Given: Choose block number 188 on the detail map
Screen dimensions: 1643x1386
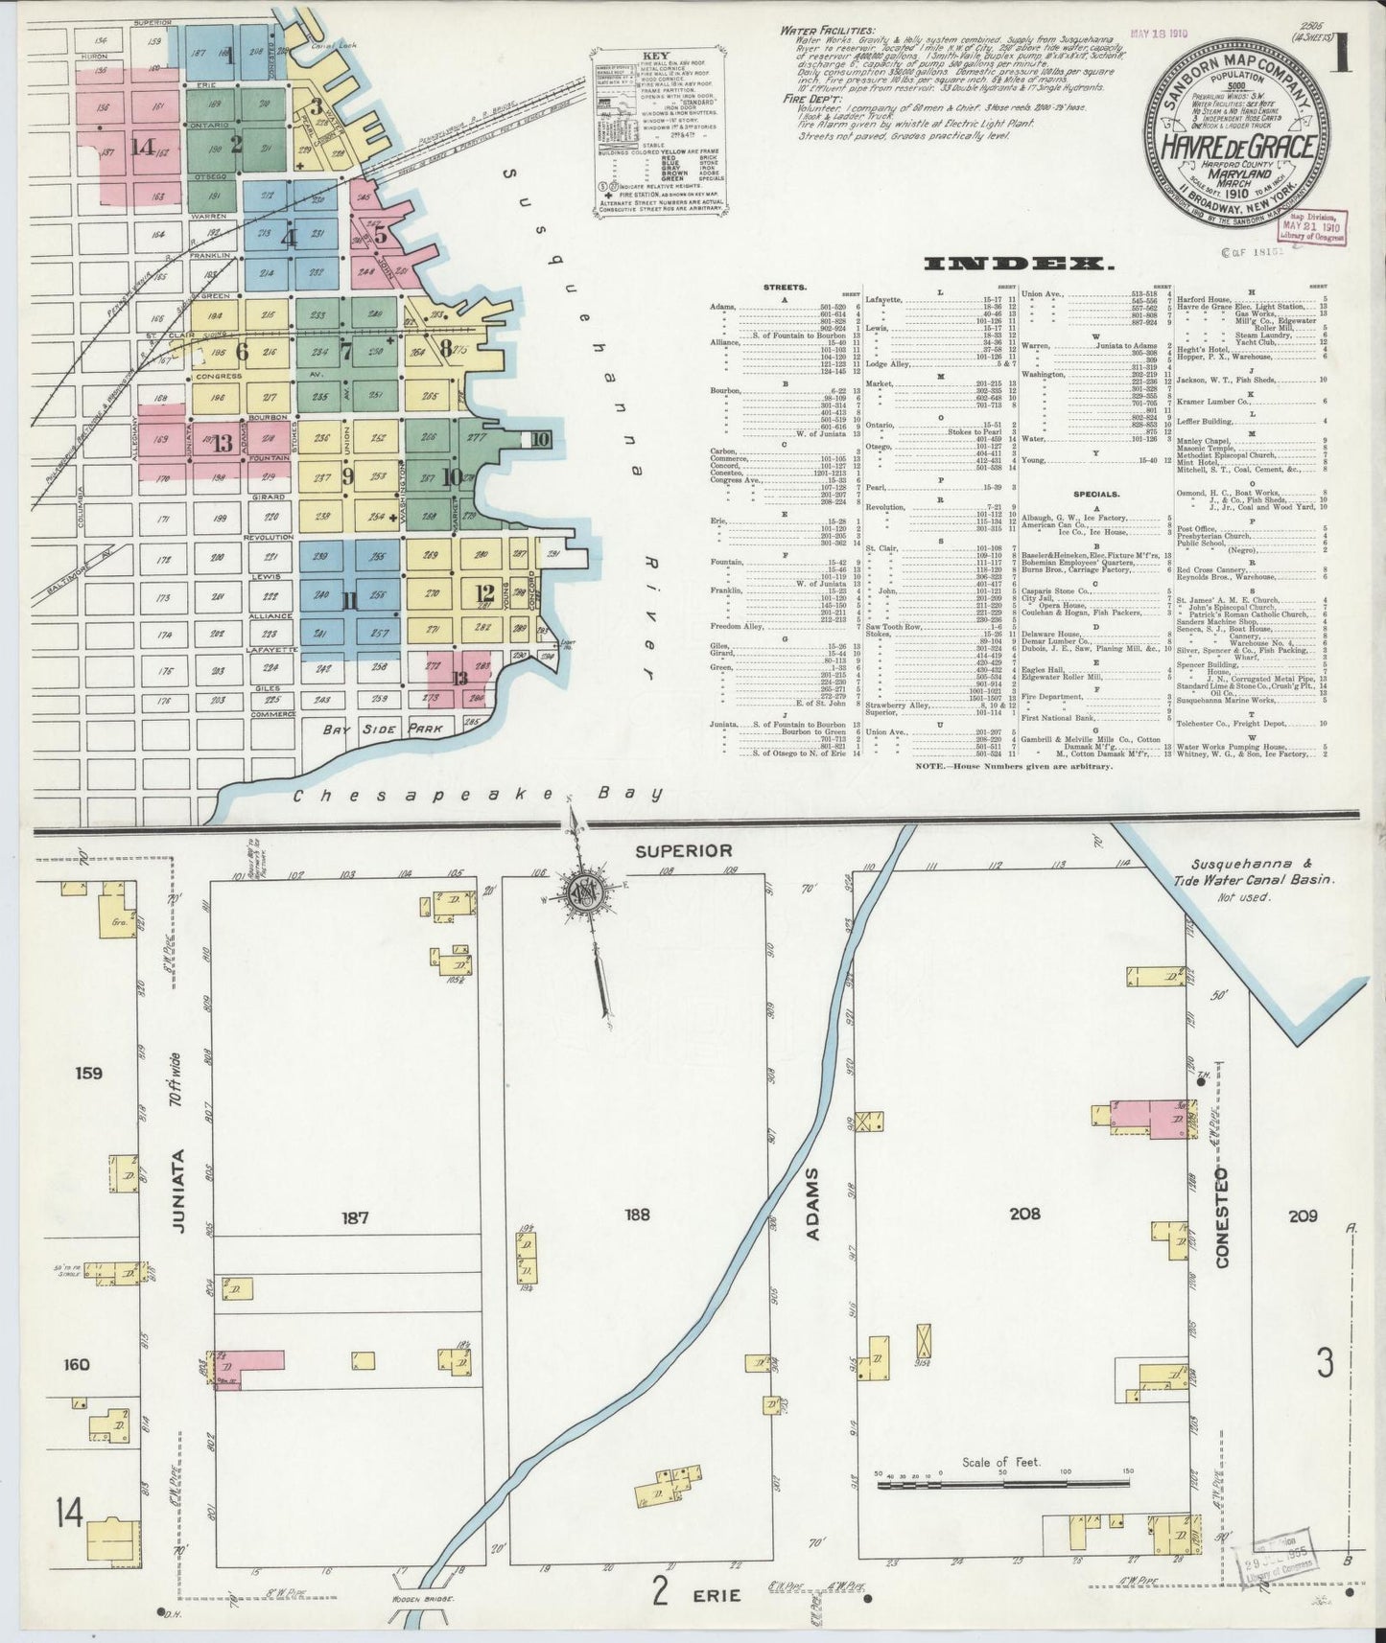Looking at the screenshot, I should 636,1215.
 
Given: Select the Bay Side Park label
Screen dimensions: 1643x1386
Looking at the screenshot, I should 383,729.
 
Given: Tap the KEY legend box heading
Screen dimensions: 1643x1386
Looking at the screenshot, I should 657,57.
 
